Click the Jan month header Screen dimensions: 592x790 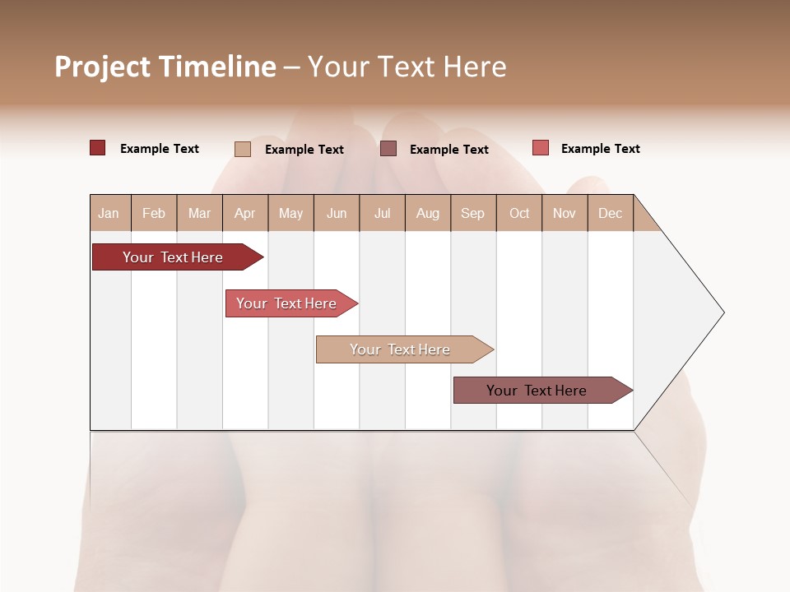tap(109, 213)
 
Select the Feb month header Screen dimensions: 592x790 tap(154, 213)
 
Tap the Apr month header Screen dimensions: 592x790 tap(244, 213)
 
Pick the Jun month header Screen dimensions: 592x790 tap(337, 213)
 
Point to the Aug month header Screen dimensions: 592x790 tap(427, 213)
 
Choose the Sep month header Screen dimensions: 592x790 tap(472, 213)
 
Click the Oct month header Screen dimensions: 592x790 tap(519, 213)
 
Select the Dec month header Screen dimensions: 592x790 tap(610, 213)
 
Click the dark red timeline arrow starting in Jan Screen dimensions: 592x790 tap(173, 257)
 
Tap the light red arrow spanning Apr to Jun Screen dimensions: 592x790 tap(286, 303)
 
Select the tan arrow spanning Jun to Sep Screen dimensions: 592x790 tap(400, 349)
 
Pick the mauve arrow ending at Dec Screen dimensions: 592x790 tap(537, 391)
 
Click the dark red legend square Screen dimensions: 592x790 tap(97, 148)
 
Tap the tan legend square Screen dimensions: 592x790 tap(243, 149)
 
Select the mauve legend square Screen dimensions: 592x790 tap(388, 148)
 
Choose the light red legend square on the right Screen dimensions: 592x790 tap(540, 148)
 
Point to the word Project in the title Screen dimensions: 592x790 tap(102, 67)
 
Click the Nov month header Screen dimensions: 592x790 tap(565, 213)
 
